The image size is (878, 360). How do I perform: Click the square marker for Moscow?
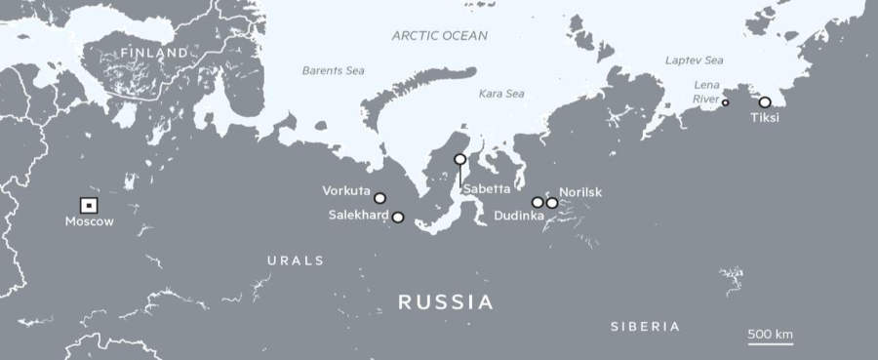point(88,205)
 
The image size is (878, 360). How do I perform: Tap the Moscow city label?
point(89,222)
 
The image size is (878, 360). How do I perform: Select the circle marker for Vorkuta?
point(379,198)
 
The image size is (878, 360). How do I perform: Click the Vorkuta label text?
point(345,191)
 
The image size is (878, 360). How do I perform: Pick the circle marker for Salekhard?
point(398,218)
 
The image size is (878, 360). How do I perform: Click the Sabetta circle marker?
point(460,159)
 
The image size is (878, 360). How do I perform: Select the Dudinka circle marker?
point(538,202)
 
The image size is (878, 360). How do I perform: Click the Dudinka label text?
point(519,216)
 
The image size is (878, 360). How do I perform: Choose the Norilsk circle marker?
point(552,203)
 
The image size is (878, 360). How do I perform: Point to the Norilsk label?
point(580,192)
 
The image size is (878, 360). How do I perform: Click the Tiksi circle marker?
point(765,101)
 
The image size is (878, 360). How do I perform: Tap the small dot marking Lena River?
point(725,102)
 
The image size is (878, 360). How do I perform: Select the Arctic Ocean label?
point(439,35)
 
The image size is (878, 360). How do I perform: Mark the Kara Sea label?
point(501,94)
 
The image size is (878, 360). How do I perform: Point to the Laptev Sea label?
point(695,60)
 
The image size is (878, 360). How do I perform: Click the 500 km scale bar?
point(770,341)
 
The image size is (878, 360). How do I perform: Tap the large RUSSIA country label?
point(445,301)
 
